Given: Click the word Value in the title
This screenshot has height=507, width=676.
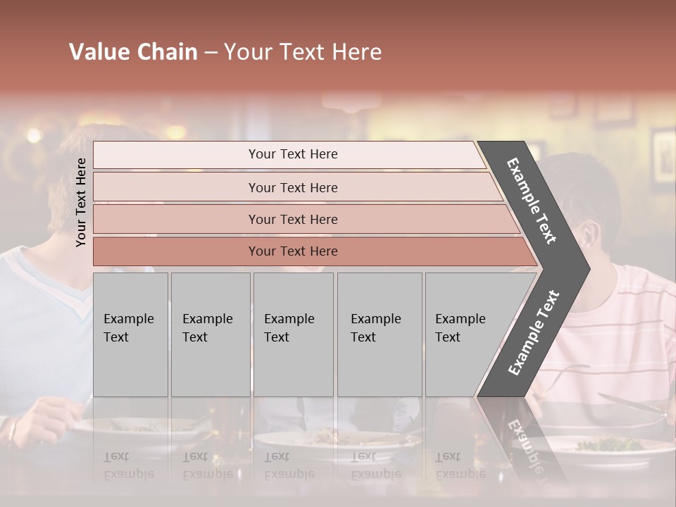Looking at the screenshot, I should coord(96,52).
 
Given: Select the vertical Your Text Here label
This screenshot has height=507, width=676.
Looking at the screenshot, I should coord(81,202).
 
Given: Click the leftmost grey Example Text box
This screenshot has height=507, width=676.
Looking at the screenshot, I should coord(130,334).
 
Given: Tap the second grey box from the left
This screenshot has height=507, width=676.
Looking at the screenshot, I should coord(211,334).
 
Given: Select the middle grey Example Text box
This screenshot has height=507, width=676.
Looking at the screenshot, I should coord(293,334).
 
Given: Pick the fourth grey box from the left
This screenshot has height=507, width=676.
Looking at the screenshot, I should coord(380,334).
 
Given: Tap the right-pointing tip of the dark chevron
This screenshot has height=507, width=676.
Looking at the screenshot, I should coord(582,269).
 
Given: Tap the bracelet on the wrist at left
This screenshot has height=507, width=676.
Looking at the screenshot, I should coord(13,430).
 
